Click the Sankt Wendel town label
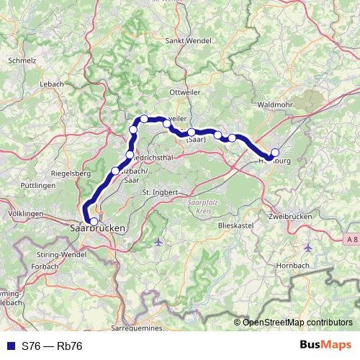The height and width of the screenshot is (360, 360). click(x=189, y=41)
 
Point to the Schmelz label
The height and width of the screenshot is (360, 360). click(x=22, y=61)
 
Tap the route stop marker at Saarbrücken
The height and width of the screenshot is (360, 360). click(x=94, y=221)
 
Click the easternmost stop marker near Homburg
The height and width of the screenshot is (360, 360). click(x=274, y=153)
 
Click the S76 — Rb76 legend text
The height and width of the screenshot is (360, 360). click(x=52, y=346)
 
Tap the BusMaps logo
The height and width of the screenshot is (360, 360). click(x=325, y=345)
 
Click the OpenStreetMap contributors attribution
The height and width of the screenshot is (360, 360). click(x=297, y=322)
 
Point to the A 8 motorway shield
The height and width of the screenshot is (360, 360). click(x=351, y=238)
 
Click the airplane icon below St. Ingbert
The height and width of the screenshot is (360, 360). click(x=158, y=242)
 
